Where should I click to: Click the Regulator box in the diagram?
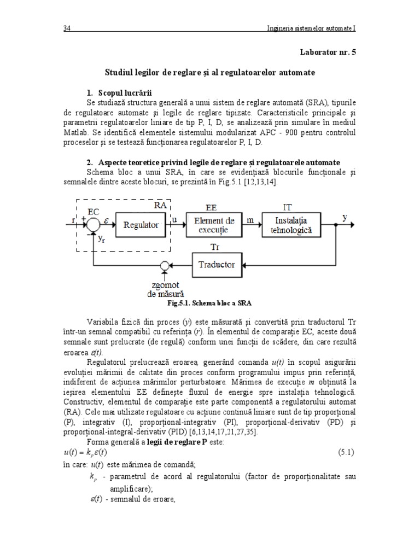coord(141,225)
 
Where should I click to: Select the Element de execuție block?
coord(214,225)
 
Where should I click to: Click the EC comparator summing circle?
coord(94,224)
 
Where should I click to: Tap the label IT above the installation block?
coord(287,207)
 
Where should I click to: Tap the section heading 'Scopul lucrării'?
coord(126,91)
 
